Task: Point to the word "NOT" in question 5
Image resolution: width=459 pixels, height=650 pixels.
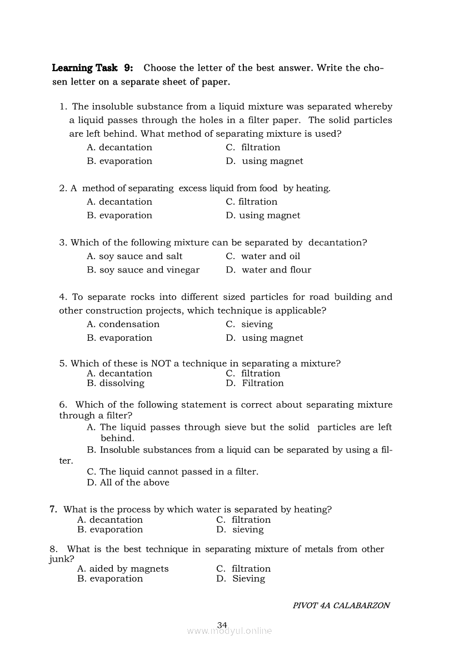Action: pyautogui.click(x=161, y=364)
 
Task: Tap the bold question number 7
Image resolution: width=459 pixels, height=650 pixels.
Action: pyautogui.click(x=53, y=509)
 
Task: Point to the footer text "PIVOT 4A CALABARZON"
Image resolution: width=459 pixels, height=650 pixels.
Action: pyautogui.click(x=341, y=606)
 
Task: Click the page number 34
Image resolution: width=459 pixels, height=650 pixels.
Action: pyautogui.click(x=222, y=625)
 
